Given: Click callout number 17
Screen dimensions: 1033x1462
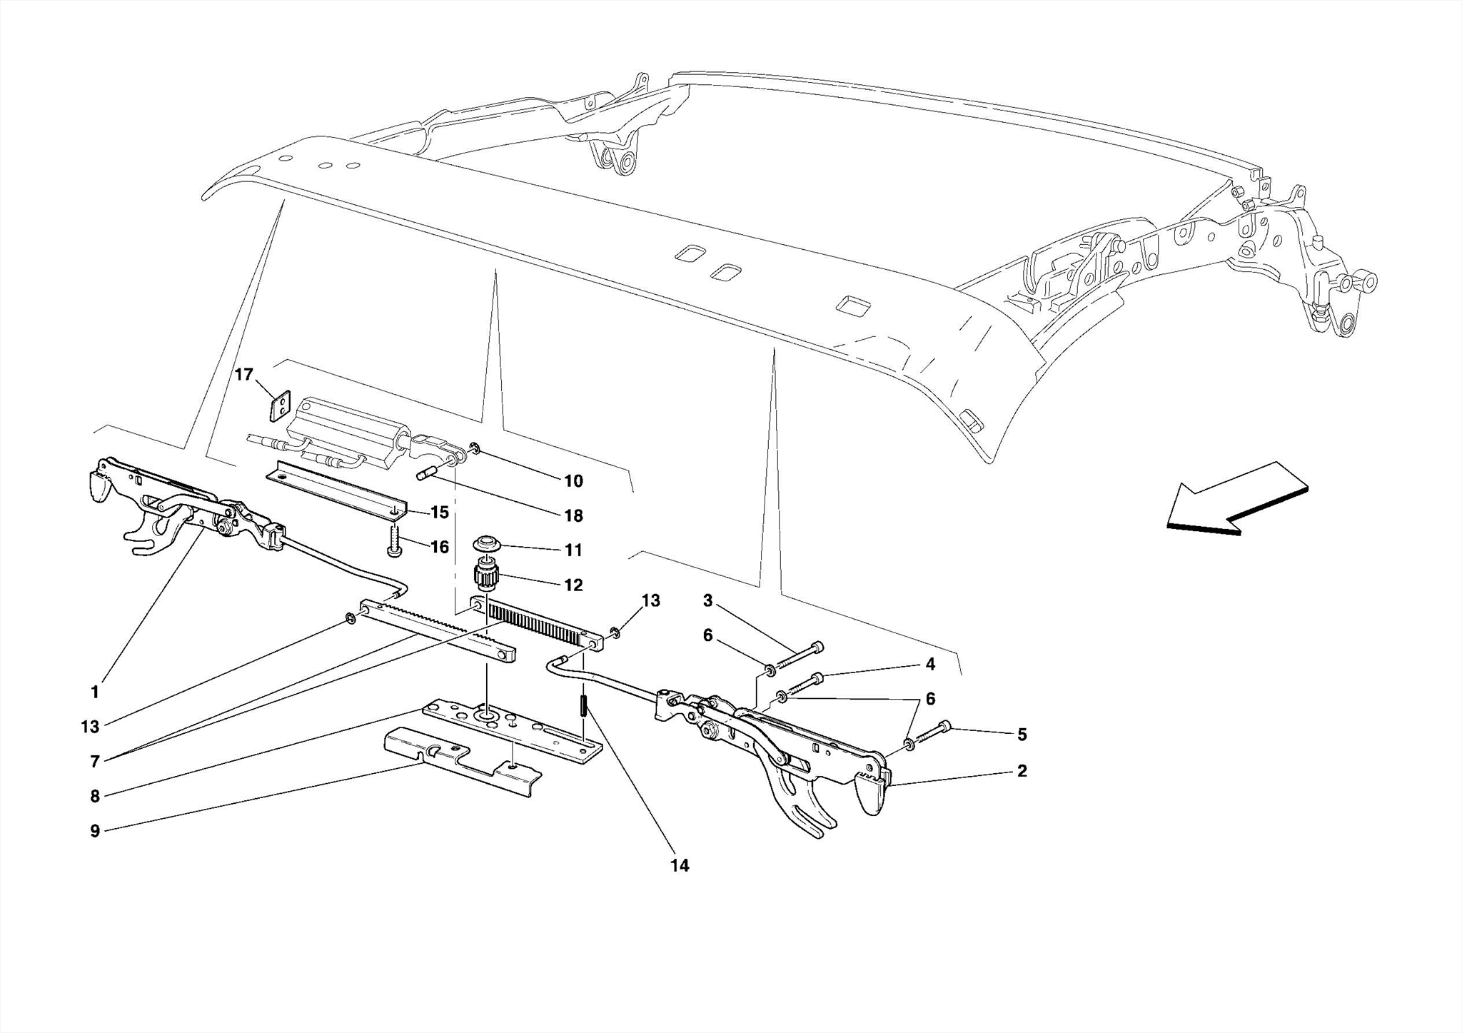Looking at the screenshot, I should (x=244, y=374).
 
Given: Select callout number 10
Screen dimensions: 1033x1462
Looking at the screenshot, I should (x=573, y=481).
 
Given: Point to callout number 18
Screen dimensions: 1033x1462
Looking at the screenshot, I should (x=573, y=515).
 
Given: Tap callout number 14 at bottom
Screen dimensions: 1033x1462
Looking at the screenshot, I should (x=680, y=865).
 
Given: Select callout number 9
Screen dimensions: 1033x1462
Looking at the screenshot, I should (x=95, y=830).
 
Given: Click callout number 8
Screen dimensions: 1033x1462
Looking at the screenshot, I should (x=95, y=795).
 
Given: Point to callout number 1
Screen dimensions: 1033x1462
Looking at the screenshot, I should (x=95, y=691).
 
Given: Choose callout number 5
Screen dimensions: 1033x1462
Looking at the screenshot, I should (x=1022, y=734).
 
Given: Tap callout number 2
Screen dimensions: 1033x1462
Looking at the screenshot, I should (x=1022, y=771).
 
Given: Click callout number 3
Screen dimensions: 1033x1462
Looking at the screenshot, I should (x=707, y=600).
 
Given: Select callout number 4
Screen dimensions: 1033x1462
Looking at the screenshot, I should (x=930, y=664).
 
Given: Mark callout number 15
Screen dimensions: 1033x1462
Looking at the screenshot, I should (x=440, y=513).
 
